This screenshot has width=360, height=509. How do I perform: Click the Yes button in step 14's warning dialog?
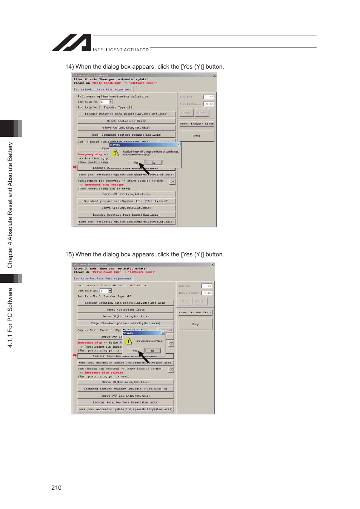pyautogui.click(x=136, y=163)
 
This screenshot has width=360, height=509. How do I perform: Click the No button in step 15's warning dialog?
pyautogui.click(x=152, y=351)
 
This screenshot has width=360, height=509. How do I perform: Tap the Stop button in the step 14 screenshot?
pyautogui.click(x=197, y=136)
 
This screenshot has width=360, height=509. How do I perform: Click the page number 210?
pyautogui.click(x=56, y=488)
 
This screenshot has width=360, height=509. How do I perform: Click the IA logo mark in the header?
pyautogui.click(x=72, y=43)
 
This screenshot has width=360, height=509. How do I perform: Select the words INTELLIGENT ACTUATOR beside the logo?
pyautogui.click(x=121, y=50)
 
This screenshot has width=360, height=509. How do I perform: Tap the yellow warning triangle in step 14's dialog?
pyautogui.click(x=115, y=153)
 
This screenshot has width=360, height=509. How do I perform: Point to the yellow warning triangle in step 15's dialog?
pyautogui.click(x=129, y=341)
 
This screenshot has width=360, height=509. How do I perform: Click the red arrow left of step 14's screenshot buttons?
pyautogui.click(x=75, y=167)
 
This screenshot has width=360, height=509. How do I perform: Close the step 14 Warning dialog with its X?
pyautogui.click(x=178, y=144)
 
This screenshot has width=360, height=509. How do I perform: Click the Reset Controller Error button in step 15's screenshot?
pyautogui.click(x=125, y=310)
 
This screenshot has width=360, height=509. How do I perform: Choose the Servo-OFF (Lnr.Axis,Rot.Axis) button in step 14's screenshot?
pyautogui.click(x=126, y=208)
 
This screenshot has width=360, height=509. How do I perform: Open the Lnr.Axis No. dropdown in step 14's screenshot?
pyautogui.click(x=111, y=102)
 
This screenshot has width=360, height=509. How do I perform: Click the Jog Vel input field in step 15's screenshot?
pyautogui.click(x=207, y=286)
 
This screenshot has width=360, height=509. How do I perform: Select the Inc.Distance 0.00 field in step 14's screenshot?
pyautogui.click(x=209, y=104)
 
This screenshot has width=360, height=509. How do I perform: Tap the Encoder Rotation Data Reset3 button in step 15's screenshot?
pyautogui.click(x=125, y=402)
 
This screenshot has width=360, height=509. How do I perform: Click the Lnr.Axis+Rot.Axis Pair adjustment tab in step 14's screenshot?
pyautogui.click(x=103, y=89)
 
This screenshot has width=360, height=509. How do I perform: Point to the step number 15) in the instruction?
pyautogui.click(x=69, y=255)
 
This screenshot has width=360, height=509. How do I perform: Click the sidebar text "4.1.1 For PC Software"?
pyautogui.click(x=10, y=317)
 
